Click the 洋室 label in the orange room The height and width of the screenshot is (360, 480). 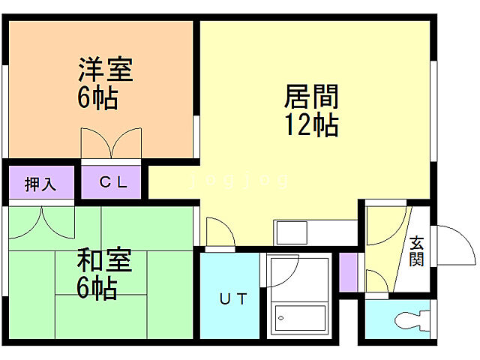[x=106, y=70]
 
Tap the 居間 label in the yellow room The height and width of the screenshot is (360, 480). [x=311, y=96]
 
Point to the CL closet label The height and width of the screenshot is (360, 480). [x=114, y=182]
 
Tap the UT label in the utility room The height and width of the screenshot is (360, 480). [x=232, y=299]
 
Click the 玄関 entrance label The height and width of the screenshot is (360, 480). [x=417, y=251]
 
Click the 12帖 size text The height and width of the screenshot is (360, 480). [x=311, y=124]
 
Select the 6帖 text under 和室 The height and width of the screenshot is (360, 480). [x=97, y=289]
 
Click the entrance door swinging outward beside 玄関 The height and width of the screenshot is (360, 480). [x=454, y=244]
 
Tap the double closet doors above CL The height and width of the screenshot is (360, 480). [x=111, y=143]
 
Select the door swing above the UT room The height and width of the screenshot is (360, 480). [x=218, y=232]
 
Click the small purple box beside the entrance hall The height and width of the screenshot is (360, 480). [x=347, y=273]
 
